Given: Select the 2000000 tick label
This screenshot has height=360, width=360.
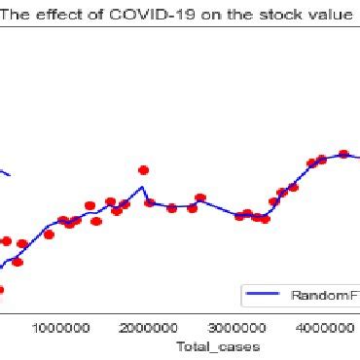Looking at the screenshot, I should [150, 328].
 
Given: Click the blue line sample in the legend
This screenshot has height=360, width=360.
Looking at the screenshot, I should [267, 295].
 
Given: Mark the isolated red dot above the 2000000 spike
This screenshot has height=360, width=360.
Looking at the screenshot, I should [143, 170].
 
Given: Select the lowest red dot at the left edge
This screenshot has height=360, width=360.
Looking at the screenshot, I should [0, 289].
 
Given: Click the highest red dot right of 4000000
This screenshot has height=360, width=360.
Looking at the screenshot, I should [342, 154].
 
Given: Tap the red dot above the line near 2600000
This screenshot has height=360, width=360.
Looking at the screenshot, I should [200, 198].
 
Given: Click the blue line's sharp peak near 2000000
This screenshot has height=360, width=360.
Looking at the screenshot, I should [142, 187].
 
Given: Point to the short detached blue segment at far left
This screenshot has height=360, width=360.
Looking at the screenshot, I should [5, 172].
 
